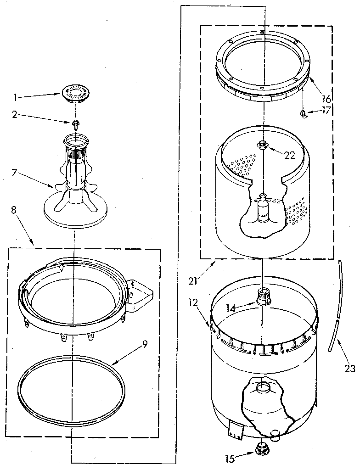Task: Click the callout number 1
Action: [x=15, y=97]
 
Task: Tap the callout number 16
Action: [x=326, y=99]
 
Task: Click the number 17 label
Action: [x=326, y=110]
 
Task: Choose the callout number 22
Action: [x=289, y=155]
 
